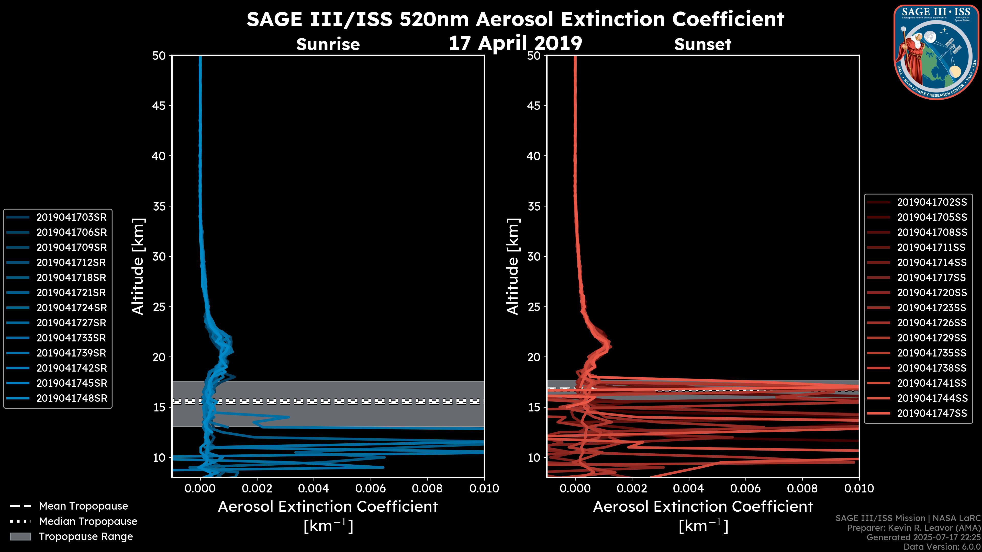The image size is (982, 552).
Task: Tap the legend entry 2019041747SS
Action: click(x=932, y=413)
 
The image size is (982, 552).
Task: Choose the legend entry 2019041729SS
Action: click(x=932, y=338)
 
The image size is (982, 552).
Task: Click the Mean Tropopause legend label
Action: click(x=83, y=506)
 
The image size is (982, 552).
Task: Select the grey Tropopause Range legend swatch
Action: click(x=20, y=536)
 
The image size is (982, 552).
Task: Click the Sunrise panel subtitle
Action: click(x=328, y=44)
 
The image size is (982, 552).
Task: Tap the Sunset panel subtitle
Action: click(x=702, y=44)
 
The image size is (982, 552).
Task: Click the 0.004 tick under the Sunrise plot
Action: click(x=314, y=488)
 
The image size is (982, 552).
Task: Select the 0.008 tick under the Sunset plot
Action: click(x=802, y=488)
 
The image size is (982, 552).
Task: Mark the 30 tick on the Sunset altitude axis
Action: click(x=534, y=256)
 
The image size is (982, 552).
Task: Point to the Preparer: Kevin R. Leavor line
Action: click(x=913, y=528)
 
